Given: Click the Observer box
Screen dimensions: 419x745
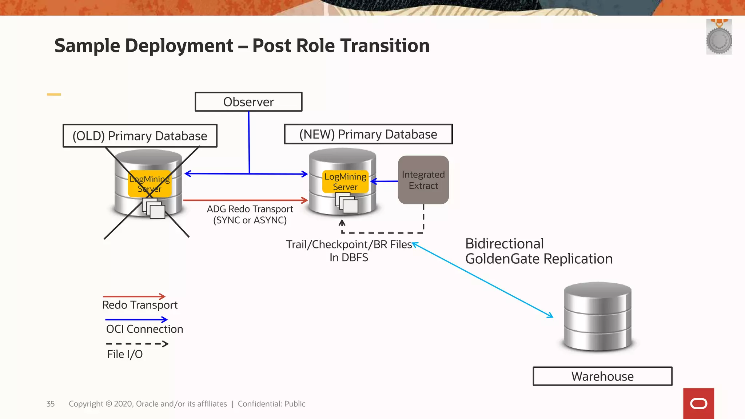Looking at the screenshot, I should pos(248,102).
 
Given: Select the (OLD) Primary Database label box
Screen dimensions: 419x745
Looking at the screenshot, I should pos(140,136).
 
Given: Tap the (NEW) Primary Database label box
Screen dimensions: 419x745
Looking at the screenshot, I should pos(368,134).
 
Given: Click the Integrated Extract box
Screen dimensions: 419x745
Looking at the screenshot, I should pos(423,180).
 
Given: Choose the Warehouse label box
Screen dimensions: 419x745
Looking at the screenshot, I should pos(602,376).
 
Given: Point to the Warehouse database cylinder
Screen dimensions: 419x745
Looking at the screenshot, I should pos(598,316).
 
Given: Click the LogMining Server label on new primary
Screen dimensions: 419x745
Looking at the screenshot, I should pos(345,181).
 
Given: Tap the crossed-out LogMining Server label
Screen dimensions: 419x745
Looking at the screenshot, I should pos(150,184).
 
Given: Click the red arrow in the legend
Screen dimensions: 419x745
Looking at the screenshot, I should pos(134,296).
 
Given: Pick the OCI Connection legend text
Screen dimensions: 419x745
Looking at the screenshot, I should pos(144,329).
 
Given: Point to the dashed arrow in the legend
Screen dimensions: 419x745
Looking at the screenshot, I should pos(137,344).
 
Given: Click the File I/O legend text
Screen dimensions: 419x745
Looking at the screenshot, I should pos(125,354).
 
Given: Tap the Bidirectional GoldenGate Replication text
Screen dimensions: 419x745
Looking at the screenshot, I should pos(539,251).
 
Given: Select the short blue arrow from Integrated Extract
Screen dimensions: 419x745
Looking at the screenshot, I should pos(385,181).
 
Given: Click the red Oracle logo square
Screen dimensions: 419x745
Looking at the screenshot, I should pos(698,403).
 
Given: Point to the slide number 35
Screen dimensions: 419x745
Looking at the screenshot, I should pos(51,404).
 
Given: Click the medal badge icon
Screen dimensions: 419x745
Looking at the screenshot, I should pos(719,37).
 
